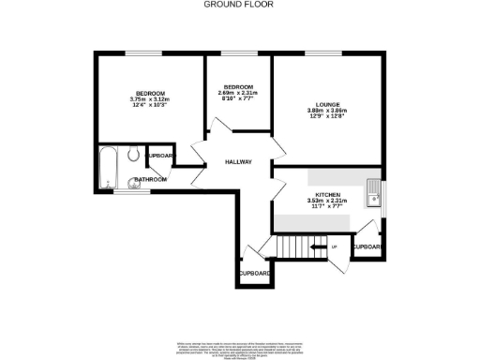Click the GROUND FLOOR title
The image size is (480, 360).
pos(239,5)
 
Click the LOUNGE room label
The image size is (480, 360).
pos(327,104)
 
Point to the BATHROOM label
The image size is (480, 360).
pos(150,179)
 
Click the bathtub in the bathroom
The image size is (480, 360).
pos(107,170)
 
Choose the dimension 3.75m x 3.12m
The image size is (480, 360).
pos(150,100)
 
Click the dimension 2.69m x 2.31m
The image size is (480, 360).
pos(237,93)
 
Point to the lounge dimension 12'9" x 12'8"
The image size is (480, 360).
pos(327,117)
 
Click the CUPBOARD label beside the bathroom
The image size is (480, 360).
pos(161,156)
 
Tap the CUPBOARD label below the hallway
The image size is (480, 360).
pos(254,273)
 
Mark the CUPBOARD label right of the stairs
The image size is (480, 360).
pos(367,247)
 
